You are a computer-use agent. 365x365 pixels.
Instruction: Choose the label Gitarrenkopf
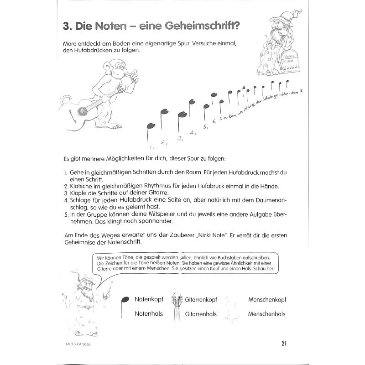click(200, 300)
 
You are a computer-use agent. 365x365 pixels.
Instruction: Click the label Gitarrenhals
click(200, 314)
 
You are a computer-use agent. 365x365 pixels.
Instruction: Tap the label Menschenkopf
click(267, 300)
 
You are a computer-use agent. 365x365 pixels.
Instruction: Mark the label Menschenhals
click(267, 314)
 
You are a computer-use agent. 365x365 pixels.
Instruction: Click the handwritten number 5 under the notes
click(206, 126)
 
